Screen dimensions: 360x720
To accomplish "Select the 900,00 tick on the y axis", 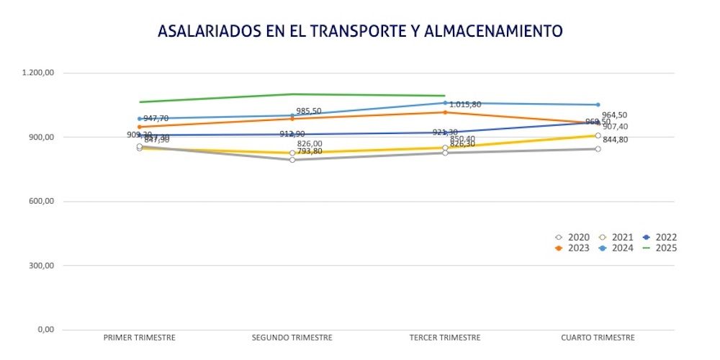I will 42,137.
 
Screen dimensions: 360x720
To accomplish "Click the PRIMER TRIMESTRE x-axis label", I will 140,337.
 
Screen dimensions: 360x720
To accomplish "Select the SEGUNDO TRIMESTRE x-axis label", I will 292,337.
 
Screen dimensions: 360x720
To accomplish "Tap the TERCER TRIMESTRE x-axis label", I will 445,337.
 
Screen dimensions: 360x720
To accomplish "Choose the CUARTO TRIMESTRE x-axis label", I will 598,337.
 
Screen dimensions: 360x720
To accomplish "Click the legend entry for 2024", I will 617,248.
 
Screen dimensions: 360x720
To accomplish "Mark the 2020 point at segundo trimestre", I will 292,160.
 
